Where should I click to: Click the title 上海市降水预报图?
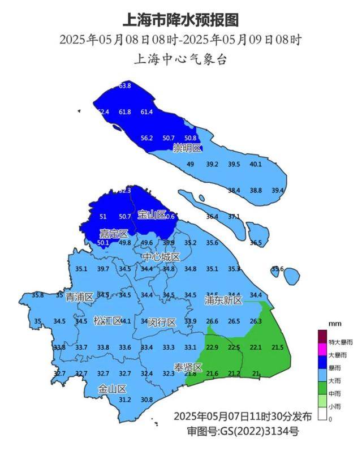pos(180,20)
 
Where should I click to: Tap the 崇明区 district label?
pos(187,148)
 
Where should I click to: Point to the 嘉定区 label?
pos(114,233)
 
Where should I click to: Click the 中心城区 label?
pos(161,257)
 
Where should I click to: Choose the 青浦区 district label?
pos(79,297)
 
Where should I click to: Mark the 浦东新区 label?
pos(223,300)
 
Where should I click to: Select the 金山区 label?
pos(111,389)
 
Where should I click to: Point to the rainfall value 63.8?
pos(125,86)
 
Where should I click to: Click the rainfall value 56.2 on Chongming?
pos(147,138)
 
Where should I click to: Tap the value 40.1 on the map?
pos(256,164)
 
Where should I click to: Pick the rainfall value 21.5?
pos(278,347)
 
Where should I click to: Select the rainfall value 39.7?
pos(103,269)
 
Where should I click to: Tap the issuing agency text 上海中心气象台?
pos(180,59)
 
